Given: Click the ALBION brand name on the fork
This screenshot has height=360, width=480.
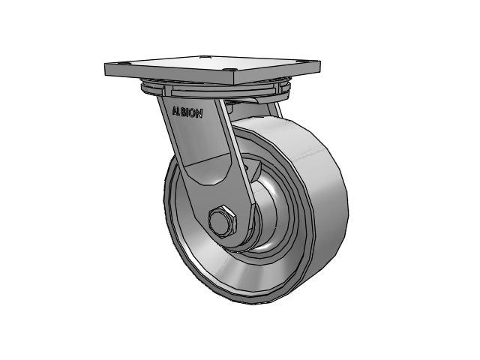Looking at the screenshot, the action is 187,112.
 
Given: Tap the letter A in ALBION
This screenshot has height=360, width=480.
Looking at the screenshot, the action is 175,110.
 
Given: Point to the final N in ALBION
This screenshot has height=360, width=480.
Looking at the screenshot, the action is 199,114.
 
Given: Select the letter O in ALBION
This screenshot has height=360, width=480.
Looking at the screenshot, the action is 193,113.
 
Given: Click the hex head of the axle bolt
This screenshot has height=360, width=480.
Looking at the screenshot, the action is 223,220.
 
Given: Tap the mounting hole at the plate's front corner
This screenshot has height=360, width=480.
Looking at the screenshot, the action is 229,70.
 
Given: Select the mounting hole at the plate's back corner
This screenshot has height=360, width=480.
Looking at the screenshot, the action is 204,57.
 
